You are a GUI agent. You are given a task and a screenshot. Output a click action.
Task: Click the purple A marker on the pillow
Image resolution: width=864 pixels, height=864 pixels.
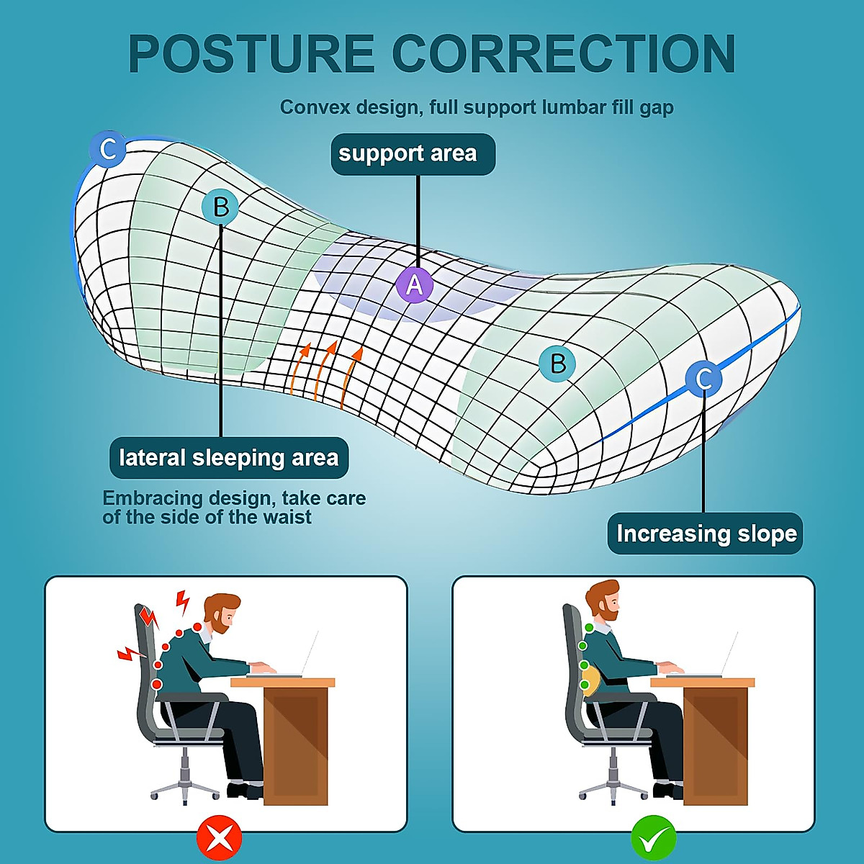(x=415, y=285)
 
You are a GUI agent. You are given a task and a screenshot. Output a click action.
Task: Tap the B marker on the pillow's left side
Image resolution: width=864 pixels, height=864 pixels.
(x=221, y=207)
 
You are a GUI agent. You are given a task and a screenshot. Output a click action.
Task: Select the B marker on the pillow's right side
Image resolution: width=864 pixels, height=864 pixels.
(x=557, y=363)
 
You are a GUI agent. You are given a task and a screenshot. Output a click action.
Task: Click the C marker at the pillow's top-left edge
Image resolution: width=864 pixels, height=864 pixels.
(x=108, y=150)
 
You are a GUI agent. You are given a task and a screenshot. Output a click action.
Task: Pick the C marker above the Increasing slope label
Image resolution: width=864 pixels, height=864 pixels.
(x=703, y=379)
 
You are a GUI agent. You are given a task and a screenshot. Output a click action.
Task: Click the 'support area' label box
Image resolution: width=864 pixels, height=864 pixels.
(x=413, y=154)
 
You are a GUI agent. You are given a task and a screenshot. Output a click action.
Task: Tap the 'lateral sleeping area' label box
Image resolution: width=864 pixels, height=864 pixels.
(x=229, y=458)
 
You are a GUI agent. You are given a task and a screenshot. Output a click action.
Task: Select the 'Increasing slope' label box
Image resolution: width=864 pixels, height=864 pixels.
(x=705, y=534)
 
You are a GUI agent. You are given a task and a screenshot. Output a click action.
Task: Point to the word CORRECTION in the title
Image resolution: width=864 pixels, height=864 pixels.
(x=564, y=55)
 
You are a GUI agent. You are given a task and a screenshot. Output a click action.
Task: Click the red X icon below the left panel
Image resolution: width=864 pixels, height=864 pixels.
(x=220, y=837)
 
